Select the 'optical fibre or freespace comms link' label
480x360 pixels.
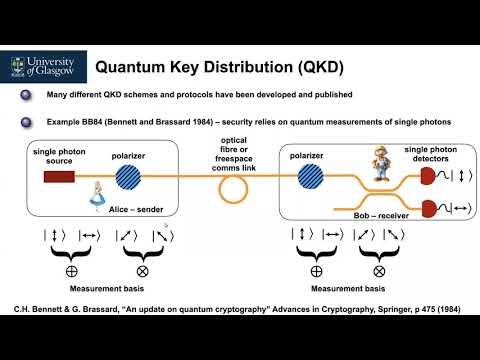(236, 150)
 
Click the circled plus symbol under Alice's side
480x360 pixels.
(69, 270)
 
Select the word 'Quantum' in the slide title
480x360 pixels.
(131, 68)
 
